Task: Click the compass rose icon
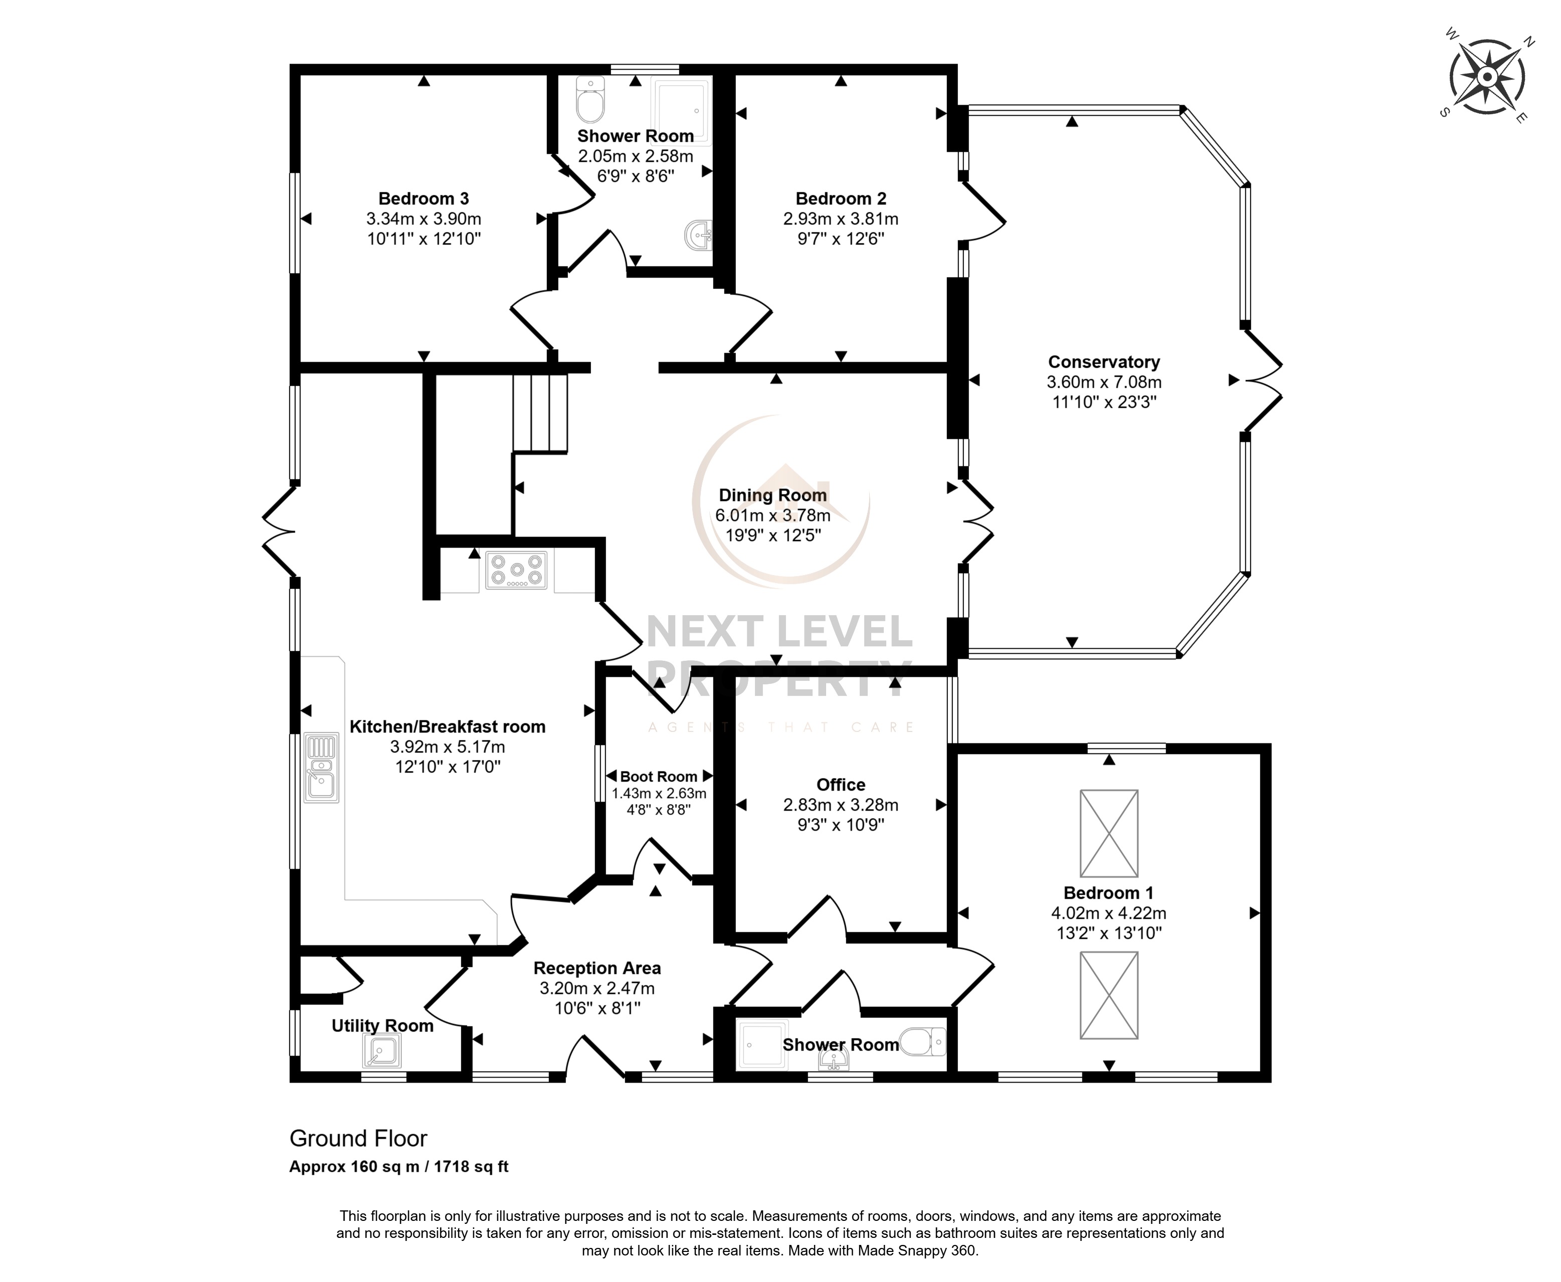pyautogui.click(x=1487, y=78)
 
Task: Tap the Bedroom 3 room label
pyautogui.click(x=423, y=199)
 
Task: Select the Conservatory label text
pyautogui.click(x=1104, y=362)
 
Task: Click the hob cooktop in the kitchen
pyautogui.click(x=516, y=570)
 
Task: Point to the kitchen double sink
pyautogui.click(x=321, y=768)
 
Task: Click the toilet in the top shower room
pyautogui.click(x=591, y=100)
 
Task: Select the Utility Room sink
pyautogui.click(x=382, y=1050)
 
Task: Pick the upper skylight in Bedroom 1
pyautogui.click(x=1109, y=833)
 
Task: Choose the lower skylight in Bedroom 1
pyautogui.click(x=1109, y=995)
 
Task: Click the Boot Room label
pyautogui.click(x=658, y=776)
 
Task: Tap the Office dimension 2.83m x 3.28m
pyautogui.click(x=841, y=804)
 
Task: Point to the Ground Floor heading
pyautogui.click(x=358, y=1138)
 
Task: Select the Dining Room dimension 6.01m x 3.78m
pyautogui.click(x=773, y=515)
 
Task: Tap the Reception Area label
pyautogui.click(x=597, y=967)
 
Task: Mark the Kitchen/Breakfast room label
pyautogui.click(x=448, y=726)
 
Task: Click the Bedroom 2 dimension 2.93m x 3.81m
pyautogui.click(x=841, y=218)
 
